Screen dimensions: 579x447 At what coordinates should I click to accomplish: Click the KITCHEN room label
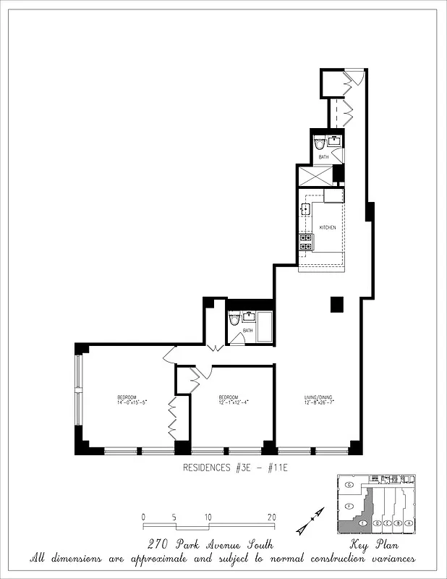coord(328,227)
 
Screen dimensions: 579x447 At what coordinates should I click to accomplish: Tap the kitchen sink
coord(305,211)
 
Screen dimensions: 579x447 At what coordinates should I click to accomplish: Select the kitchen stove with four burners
coord(306,242)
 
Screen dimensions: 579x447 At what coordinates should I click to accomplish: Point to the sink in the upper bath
coord(335,140)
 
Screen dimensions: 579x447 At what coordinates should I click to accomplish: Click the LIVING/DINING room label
coord(318,398)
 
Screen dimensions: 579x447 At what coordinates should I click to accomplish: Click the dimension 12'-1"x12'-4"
coord(229,402)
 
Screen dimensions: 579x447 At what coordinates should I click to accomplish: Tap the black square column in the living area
coord(336,305)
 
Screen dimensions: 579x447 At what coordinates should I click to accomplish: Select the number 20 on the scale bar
coord(272,517)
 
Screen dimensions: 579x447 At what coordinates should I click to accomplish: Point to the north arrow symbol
coord(310,522)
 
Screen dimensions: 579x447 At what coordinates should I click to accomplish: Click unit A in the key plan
coord(409,523)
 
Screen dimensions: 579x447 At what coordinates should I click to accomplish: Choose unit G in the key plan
coord(349,484)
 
